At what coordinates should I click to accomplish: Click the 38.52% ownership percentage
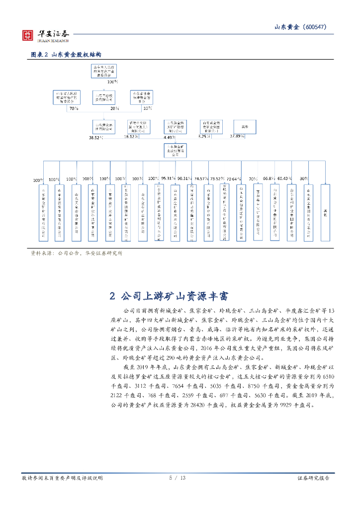pos(95,136)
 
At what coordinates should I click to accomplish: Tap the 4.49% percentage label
pos(170,137)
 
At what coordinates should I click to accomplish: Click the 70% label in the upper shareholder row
pos(74,108)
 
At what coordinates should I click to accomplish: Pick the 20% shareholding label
pos(114,108)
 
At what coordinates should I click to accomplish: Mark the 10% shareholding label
pos(147,108)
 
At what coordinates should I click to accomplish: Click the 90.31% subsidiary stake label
pos(184,178)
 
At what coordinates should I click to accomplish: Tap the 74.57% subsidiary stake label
pos(201,178)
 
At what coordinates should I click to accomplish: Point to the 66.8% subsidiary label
pos(269,178)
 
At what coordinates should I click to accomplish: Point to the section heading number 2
pos(112,297)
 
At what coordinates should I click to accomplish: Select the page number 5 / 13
pos(177,478)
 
